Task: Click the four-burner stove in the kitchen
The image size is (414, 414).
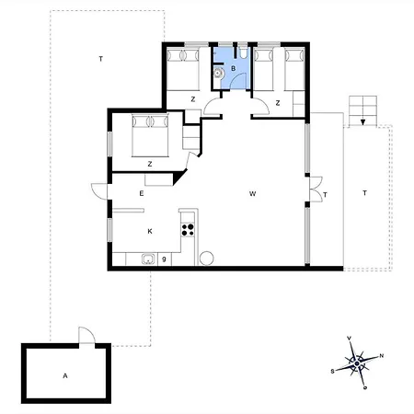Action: [188, 230]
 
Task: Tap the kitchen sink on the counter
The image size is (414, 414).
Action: [149, 259]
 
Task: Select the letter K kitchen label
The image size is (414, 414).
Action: [150, 231]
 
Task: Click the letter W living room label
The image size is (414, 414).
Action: [252, 193]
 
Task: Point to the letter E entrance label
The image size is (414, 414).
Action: [142, 193]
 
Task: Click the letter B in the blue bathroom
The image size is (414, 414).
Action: [234, 68]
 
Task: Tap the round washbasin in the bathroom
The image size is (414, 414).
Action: [218, 74]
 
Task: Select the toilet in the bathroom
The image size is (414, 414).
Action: [244, 52]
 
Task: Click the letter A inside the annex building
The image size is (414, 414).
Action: [65, 375]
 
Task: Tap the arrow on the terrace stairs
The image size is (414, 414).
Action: [362, 121]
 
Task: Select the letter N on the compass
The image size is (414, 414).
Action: [382, 356]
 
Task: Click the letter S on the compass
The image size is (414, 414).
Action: [332, 372]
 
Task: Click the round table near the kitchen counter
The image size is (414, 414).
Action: [206, 259]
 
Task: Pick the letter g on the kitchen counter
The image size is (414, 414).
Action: [164, 259]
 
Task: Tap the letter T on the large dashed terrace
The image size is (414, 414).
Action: [100, 59]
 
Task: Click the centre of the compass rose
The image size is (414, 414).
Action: [357, 363]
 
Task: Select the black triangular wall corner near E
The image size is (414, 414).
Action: [180, 178]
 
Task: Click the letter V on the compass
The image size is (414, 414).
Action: [349, 339]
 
